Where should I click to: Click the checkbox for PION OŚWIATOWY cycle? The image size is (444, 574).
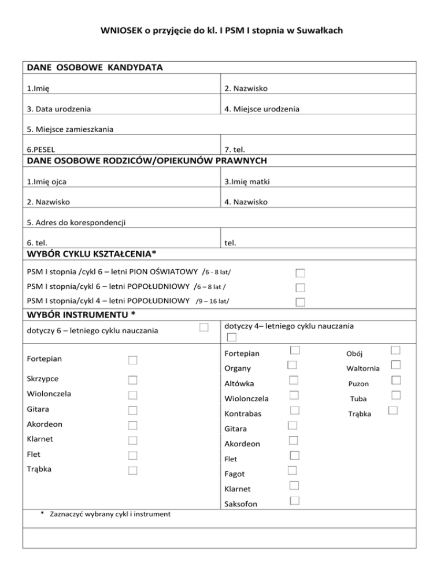300,273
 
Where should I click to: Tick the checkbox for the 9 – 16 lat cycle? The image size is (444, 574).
300,303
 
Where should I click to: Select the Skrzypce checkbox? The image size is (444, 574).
132,380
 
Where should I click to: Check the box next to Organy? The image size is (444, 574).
293,365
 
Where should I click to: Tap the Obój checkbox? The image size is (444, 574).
395,350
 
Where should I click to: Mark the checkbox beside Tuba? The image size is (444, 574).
395,395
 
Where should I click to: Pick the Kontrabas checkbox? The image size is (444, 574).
294,410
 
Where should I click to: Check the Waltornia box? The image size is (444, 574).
395,365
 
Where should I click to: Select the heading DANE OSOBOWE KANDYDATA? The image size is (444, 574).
94,68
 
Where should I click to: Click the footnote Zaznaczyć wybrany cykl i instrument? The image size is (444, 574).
105,513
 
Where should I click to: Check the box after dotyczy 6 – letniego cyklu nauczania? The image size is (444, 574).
203,328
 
